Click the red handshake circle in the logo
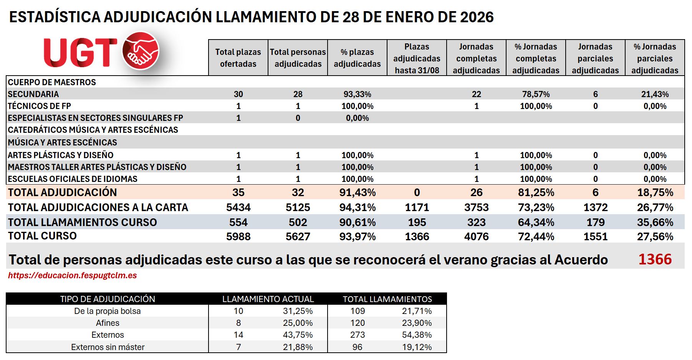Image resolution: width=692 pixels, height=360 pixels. pos(141,51)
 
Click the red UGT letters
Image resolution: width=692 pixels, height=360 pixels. pos(80,53)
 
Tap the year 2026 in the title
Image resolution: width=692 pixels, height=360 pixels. pos(477,17)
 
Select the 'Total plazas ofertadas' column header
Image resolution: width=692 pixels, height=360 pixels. pos(238,58)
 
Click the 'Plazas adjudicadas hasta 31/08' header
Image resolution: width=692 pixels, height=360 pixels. pos(417,58)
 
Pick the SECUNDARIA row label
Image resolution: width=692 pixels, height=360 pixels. pos(33,94)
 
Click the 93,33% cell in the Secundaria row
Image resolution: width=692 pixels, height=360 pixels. pos(357,94)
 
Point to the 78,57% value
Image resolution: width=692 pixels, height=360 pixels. pos(536,94)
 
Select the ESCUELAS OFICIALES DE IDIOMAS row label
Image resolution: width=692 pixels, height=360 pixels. pos(73,179)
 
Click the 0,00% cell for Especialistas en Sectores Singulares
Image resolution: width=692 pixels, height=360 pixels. pos(357,118)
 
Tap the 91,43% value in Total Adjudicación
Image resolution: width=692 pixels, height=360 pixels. pos(357,192)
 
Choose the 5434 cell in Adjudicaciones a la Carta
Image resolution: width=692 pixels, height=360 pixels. pos(238,207)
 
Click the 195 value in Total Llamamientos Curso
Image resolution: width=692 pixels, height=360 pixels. pos(417,222)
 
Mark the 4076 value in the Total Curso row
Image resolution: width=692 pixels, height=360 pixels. pos(476,236)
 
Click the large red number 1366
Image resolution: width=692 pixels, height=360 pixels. pos(655,259)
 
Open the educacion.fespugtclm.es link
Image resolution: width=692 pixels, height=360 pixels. pos(73,275)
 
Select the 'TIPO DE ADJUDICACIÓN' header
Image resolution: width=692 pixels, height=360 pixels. pos(108,299)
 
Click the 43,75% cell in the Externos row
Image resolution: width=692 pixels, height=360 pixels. pos(298,335)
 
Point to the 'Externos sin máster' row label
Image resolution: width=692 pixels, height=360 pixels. pos(108,347)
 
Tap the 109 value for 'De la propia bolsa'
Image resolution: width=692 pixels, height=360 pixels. pos(357,311)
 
